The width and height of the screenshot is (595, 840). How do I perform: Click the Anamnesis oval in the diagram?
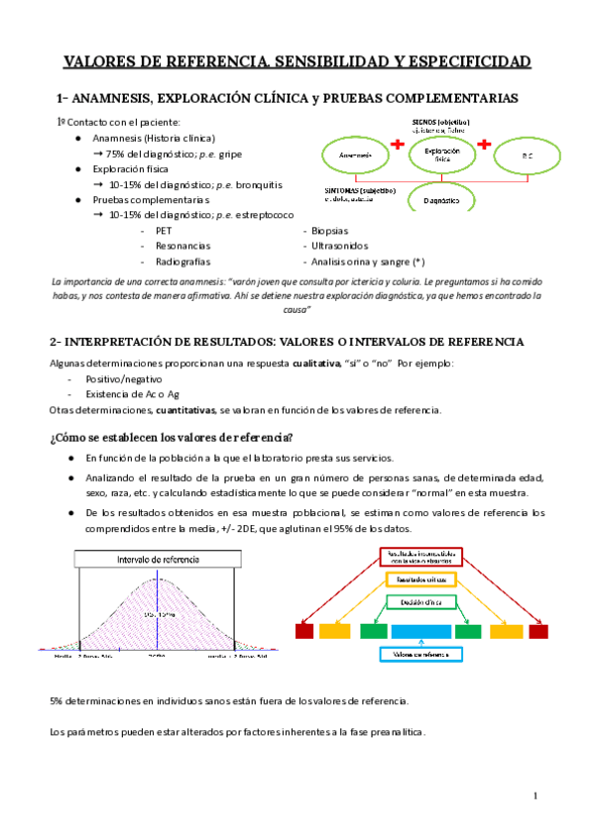point(355,157)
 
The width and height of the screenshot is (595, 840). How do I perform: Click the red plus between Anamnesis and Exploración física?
point(399,145)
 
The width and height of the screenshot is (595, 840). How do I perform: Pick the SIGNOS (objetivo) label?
point(440,120)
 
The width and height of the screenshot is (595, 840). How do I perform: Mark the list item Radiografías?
point(182,261)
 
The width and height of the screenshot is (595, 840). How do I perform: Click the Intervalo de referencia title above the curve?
point(157,560)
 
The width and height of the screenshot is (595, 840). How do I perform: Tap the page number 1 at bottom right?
point(535,795)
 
